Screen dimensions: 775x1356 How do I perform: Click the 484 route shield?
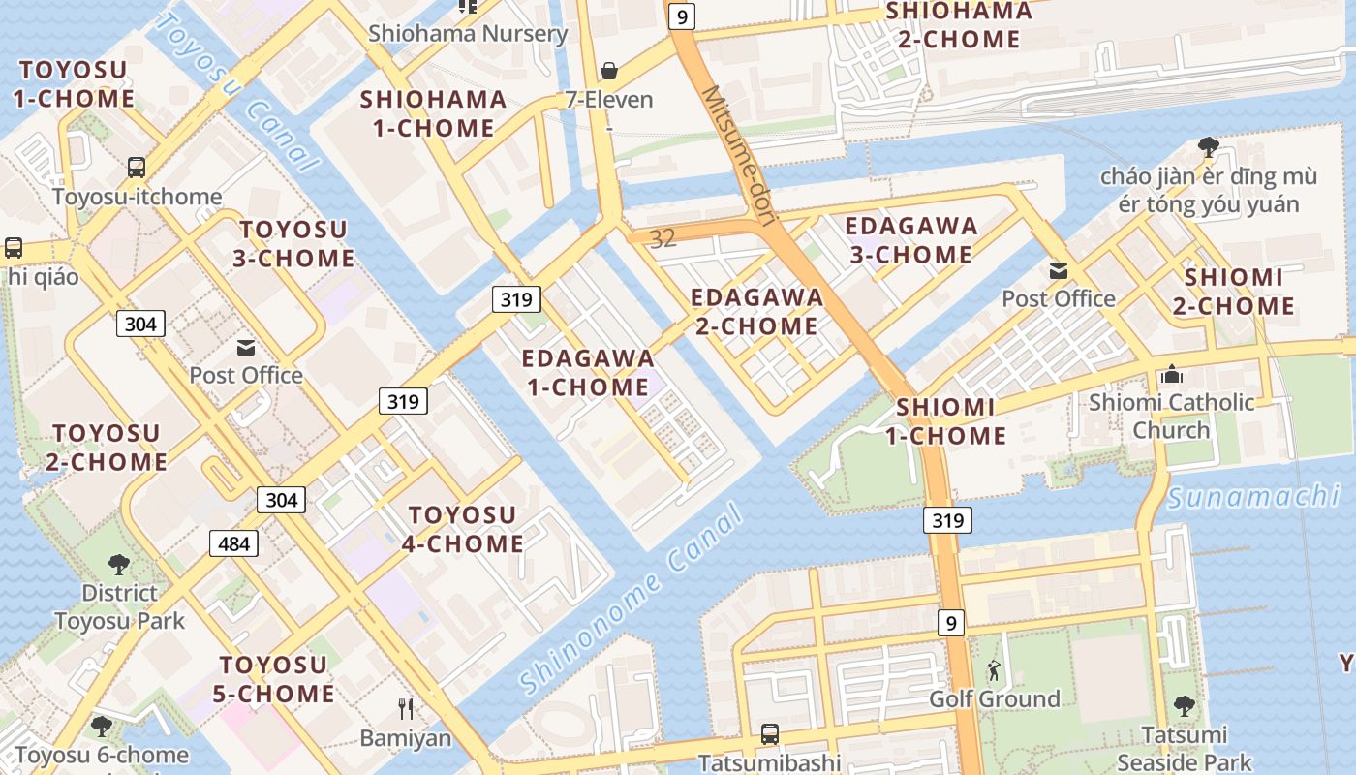click(x=233, y=543)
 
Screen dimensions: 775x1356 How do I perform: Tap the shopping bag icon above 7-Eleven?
click(x=609, y=70)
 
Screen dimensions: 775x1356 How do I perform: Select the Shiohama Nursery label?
click(x=468, y=33)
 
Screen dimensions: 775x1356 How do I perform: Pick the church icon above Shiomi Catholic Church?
click(x=1171, y=374)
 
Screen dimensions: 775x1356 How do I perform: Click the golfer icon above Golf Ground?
click(x=994, y=669)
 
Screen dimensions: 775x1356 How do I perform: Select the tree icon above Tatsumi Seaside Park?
click(x=1184, y=706)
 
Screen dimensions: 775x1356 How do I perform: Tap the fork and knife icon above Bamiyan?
click(x=406, y=709)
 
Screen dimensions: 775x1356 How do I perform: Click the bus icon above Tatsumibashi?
click(x=770, y=734)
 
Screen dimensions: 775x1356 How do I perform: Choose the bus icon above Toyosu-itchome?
click(x=137, y=167)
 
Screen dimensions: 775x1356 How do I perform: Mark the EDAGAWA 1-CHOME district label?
click(x=588, y=373)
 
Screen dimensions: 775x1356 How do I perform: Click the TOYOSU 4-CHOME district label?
click(x=463, y=529)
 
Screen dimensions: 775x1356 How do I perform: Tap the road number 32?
click(x=663, y=238)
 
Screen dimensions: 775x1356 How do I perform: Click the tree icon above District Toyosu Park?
click(x=119, y=564)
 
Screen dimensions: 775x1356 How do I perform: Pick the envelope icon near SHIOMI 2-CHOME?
click(x=1058, y=270)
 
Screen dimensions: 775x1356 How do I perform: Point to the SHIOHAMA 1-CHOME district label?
click(x=433, y=113)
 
